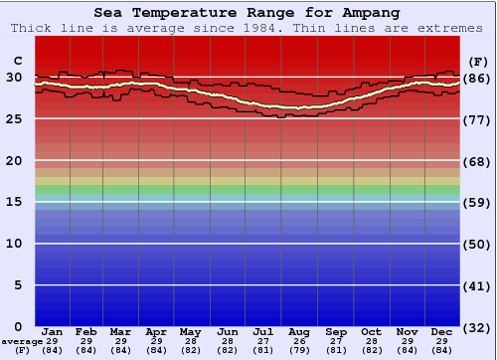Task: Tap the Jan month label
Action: pos(53,330)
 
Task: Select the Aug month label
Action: pos(300,330)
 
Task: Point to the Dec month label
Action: pos(443,330)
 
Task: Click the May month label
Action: pos(189,330)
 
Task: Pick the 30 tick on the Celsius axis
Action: pos(14,78)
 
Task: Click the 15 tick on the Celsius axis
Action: pos(14,202)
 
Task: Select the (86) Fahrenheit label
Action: pos(477,78)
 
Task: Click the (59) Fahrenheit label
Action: pos(477,202)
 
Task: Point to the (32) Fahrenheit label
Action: pos(477,326)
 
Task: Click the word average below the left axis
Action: pos(22,341)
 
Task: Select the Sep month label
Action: pos(337,330)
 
